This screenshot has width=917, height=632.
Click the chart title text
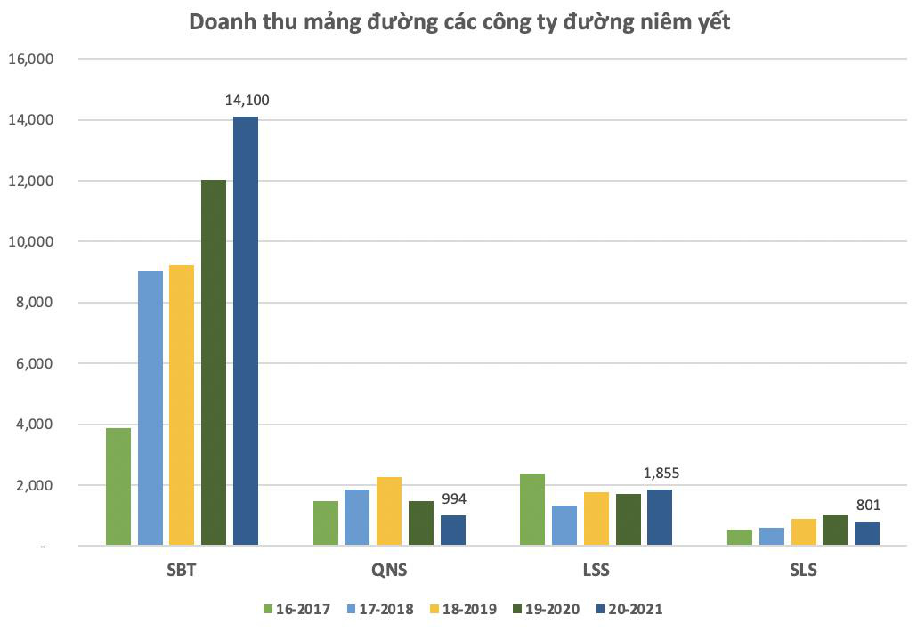tap(459, 23)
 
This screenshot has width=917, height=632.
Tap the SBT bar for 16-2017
tap(118, 486)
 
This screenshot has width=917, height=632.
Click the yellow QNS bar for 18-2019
tap(389, 511)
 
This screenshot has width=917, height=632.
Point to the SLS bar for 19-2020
tap(835, 530)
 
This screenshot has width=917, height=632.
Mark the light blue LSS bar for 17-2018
tap(564, 525)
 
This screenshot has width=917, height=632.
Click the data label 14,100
tap(246, 101)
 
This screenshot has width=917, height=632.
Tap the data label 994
tap(453, 498)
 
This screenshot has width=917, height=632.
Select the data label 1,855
tap(660, 473)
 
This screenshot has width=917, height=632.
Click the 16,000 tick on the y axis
tap(31, 60)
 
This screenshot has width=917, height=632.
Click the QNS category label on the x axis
tap(389, 571)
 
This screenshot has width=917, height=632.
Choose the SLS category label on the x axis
tap(802, 571)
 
